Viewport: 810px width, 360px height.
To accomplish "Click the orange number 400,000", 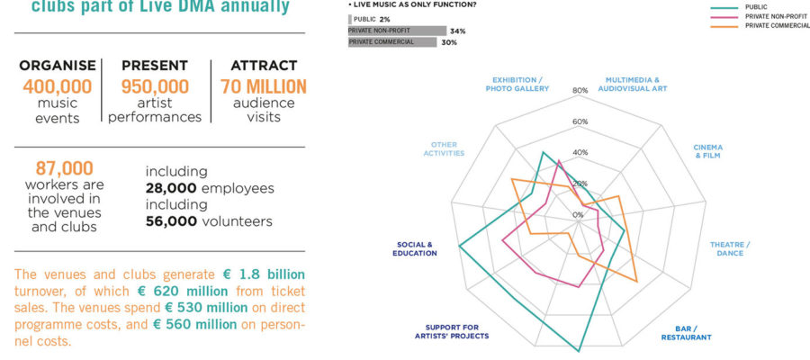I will [58, 86].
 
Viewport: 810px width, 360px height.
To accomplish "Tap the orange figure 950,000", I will [155, 86].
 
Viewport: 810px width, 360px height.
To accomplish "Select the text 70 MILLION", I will [264, 86].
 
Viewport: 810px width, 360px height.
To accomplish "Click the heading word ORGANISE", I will [58, 66].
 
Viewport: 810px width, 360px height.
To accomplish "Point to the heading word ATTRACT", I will [264, 66].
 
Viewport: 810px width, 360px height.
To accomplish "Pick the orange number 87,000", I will [64, 167].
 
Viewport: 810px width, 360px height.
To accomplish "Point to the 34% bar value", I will [457, 31].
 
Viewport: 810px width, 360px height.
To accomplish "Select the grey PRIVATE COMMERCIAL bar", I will [396, 42].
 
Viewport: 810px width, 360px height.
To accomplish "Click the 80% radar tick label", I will [580, 90].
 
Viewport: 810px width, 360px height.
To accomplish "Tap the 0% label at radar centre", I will [578, 214].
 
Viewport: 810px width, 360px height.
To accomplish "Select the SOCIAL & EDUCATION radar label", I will [415, 248].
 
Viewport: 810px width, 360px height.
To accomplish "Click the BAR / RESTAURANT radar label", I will [686, 333].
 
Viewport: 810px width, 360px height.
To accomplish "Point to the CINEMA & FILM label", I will [707, 151].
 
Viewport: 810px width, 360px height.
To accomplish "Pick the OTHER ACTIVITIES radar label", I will [444, 148].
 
